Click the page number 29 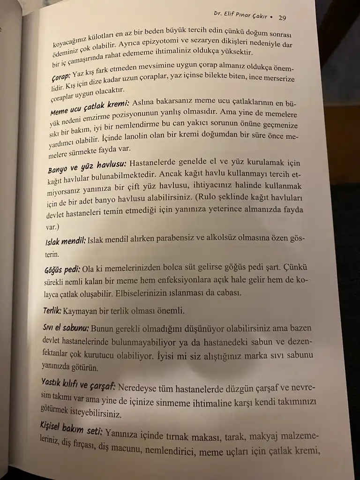point(282,18)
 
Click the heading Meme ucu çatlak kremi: point(89,105)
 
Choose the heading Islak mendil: point(65,241)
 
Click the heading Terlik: point(52,310)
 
